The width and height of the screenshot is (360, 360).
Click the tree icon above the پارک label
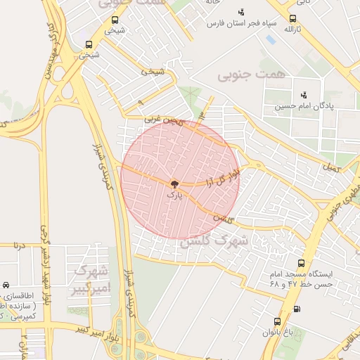[174, 184]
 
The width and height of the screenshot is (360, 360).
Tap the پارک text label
[174, 195]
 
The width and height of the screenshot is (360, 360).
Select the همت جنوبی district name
[243, 73]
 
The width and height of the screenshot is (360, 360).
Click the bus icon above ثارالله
[292, 19]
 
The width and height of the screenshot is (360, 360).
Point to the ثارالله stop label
[292, 31]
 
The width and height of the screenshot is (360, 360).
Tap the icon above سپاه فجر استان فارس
[241, 11]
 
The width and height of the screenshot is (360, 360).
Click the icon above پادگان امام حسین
[304, 94]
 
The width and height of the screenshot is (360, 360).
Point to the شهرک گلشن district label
[214, 240]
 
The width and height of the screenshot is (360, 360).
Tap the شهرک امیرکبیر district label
[90, 280]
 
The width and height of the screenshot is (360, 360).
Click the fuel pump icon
[296, 309]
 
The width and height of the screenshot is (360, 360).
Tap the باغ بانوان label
[276, 333]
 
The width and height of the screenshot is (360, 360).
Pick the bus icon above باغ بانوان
[276, 321]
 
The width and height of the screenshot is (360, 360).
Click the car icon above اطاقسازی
[6, 285]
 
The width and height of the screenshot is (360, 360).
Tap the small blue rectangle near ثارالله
[271, 39]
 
